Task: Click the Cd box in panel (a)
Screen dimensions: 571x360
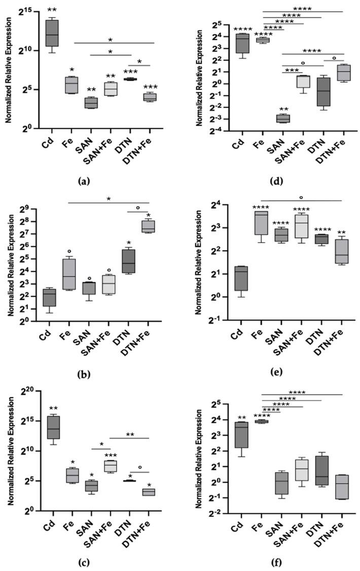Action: coord(52,33)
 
